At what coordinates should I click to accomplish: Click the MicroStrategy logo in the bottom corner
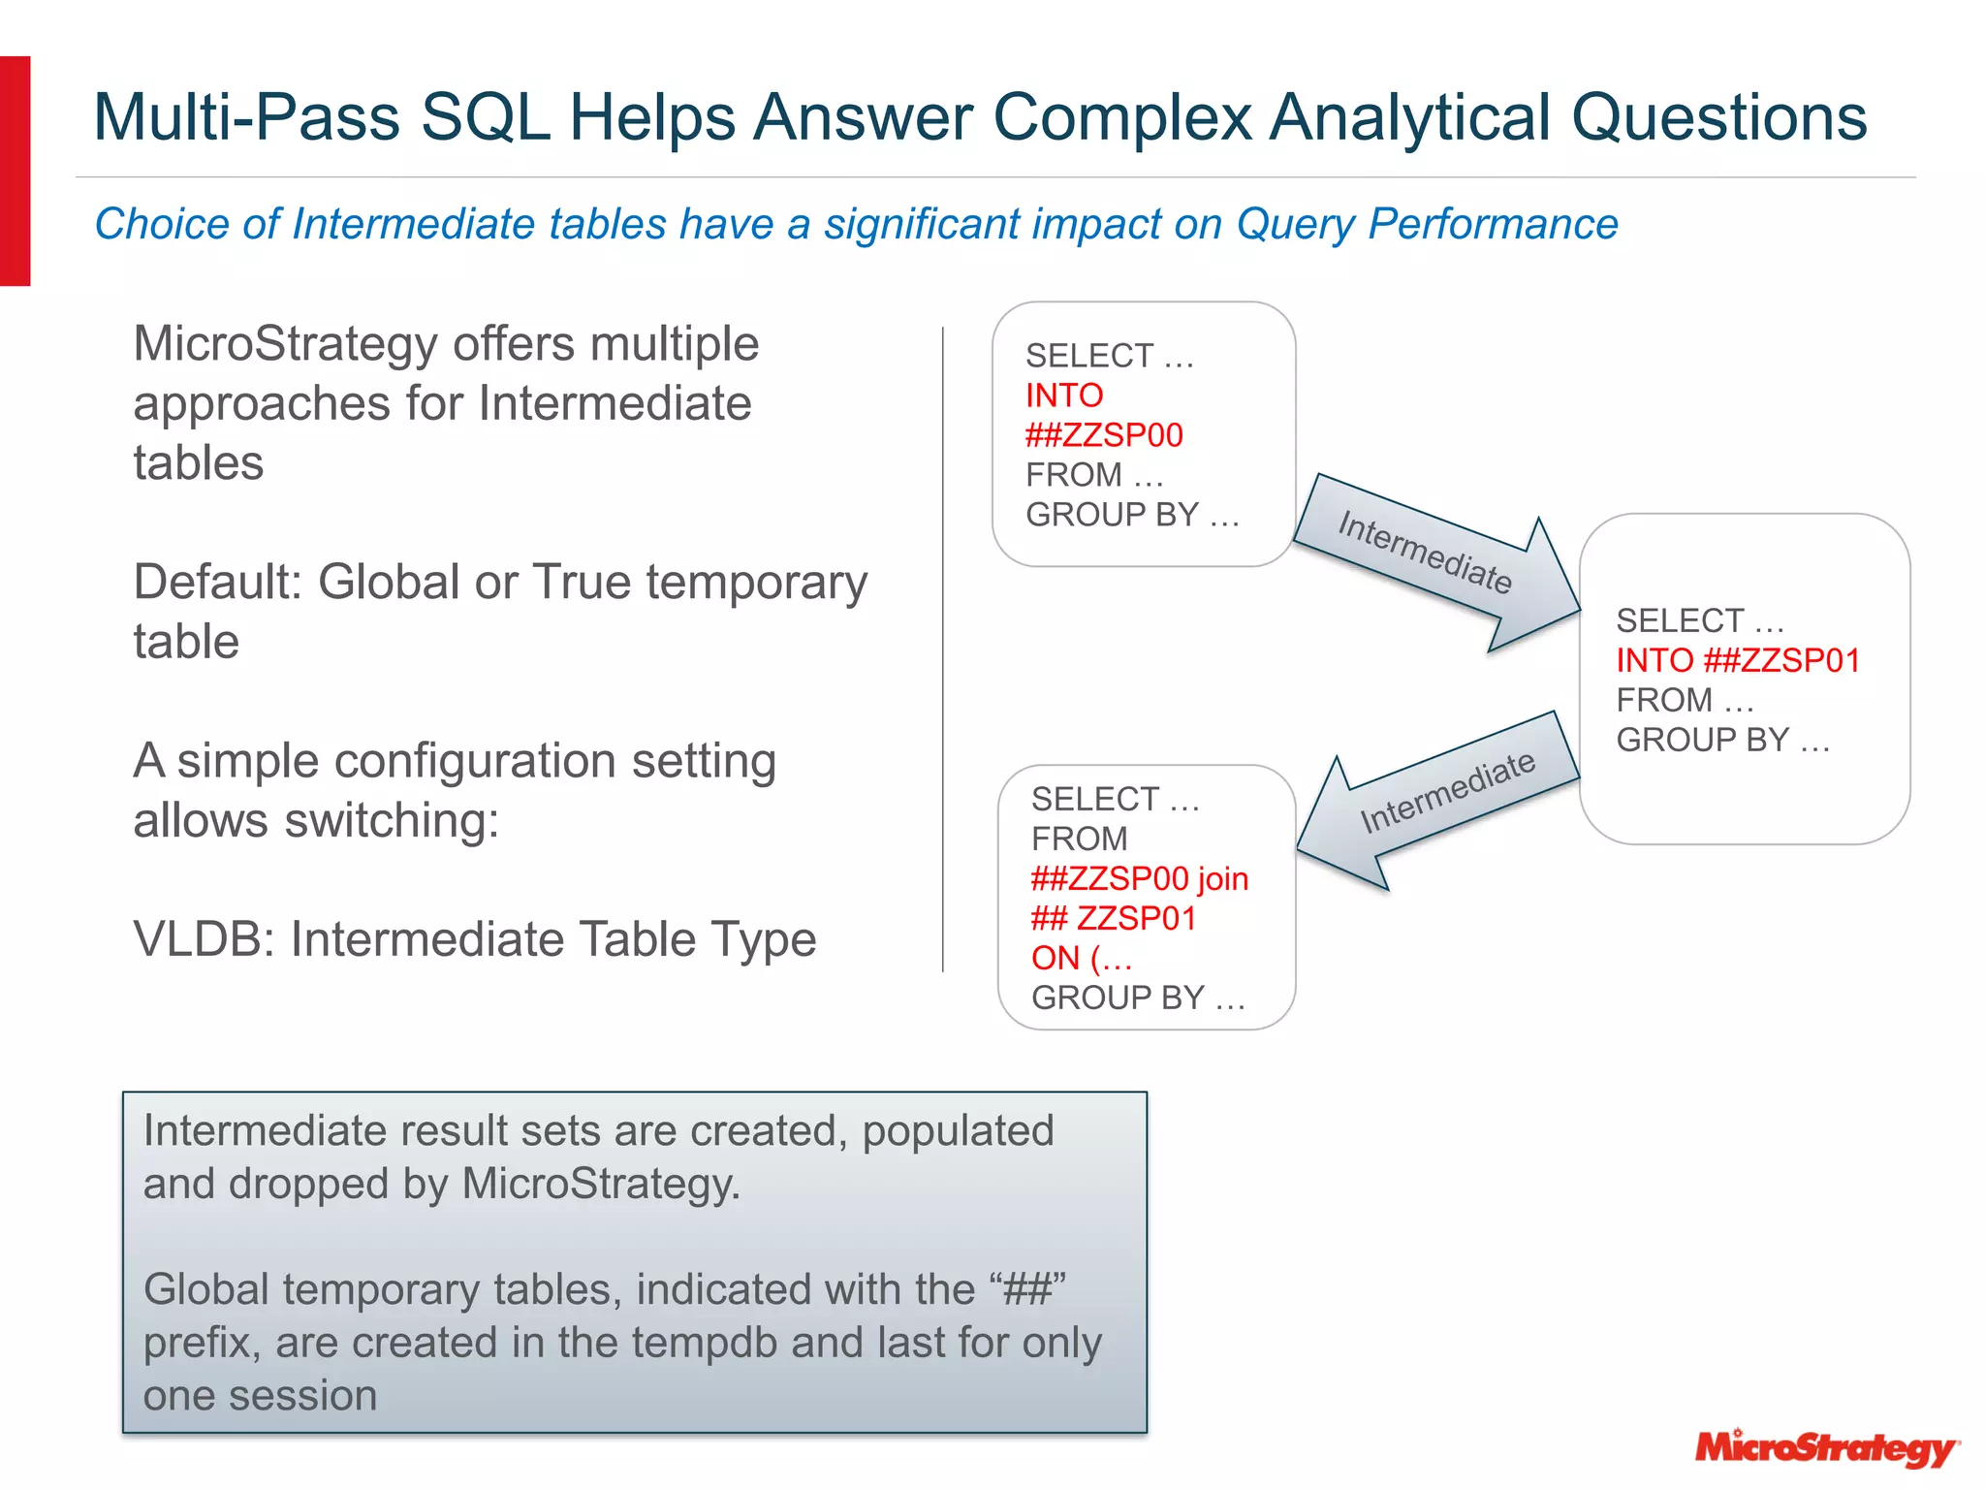pyautogui.click(x=1826, y=1447)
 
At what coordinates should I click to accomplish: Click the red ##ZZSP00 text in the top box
pyautogui.click(x=1104, y=435)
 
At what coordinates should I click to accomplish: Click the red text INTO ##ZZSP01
pyautogui.click(x=1738, y=660)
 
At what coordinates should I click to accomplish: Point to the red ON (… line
pyautogui.click(x=1082, y=958)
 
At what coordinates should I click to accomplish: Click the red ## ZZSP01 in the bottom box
pyautogui.click(x=1114, y=918)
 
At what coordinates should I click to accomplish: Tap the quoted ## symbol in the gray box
pyautogui.click(x=1027, y=1289)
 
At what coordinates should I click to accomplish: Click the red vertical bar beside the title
pyautogui.click(x=16, y=171)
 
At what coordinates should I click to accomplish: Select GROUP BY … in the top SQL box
pyautogui.click(x=1132, y=515)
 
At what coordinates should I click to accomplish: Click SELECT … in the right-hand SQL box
pyautogui.click(x=1699, y=620)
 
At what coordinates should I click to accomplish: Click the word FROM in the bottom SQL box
pyautogui.click(x=1079, y=839)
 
